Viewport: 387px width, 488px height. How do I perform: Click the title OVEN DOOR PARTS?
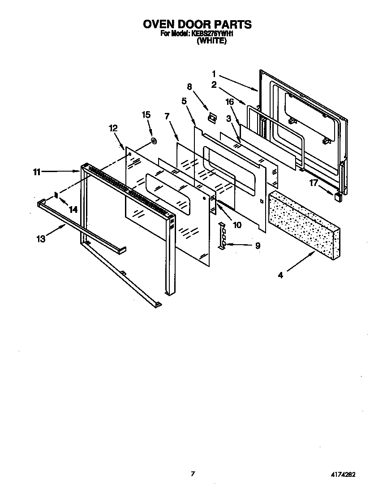click(197, 24)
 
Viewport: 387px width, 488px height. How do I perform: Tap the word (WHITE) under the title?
click(212, 41)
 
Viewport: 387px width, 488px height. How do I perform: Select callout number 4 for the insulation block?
click(280, 275)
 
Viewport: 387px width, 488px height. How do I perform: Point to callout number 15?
click(146, 115)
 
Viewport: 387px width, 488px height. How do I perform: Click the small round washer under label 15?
click(154, 142)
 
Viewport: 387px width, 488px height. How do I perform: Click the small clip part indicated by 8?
click(212, 117)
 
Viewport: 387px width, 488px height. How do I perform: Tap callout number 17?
click(313, 182)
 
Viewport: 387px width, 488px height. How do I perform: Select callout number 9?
click(258, 246)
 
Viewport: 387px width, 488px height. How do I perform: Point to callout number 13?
click(41, 239)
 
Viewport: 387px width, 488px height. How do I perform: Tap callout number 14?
click(73, 209)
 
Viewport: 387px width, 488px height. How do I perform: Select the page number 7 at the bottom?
click(193, 474)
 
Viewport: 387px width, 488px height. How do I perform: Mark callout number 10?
click(237, 225)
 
